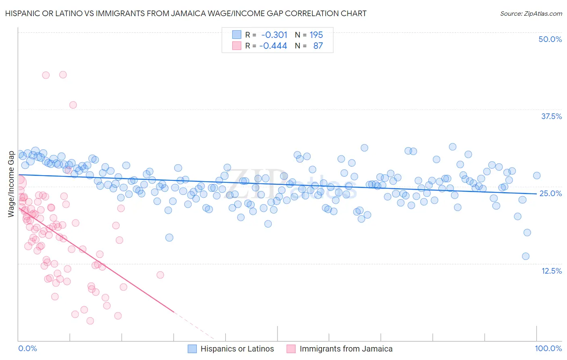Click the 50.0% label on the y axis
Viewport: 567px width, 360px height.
pyautogui.click(x=550, y=40)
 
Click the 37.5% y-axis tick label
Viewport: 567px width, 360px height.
pyautogui.click(x=551, y=117)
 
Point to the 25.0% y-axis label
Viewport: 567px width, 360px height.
pyautogui.click(x=550, y=194)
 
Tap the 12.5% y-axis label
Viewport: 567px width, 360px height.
pyautogui.click(x=551, y=271)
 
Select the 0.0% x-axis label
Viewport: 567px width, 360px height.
pyautogui.click(x=28, y=349)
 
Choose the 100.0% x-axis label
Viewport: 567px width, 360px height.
pyautogui.click(x=548, y=349)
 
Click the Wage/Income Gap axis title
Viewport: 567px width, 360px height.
pyautogui.click(x=11, y=184)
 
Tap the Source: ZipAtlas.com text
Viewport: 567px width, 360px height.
pyautogui.click(x=531, y=14)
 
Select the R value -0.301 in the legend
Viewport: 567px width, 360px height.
pyautogui.click(x=274, y=35)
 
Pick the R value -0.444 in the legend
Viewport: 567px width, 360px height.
pyautogui.click(x=273, y=46)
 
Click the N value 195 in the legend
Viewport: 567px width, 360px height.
pyautogui.click(x=316, y=35)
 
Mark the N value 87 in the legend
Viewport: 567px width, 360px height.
pyautogui.click(x=318, y=46)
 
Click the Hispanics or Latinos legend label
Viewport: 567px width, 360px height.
pyautogui.click(x=237, y=349)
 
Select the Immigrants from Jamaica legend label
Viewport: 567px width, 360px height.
pyautogui.click(x=346, y=349)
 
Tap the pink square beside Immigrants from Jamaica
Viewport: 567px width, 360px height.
pyautogui.click(x=291, y=349)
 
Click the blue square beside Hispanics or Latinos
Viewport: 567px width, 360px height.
pyautogui.click(x=192, y=349)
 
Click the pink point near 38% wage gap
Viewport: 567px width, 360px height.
pyautogui.click(x=73, y=105)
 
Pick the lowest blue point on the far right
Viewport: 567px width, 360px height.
pyautogui.click(x=525, y=256)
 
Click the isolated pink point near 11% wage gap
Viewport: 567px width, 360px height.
pyautogui.click(x=160, y=275)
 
